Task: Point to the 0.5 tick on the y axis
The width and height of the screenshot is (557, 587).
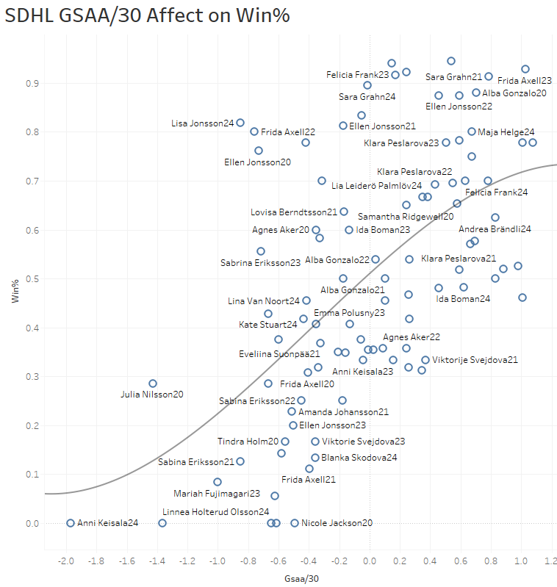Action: click(x=32, y=279)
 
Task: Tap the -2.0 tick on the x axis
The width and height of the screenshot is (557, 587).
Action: click(x=65, y=562)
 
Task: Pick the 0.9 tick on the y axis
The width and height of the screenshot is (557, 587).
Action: click(x=32, y=84)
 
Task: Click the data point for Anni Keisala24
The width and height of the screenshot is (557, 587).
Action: click(x=71, y=523)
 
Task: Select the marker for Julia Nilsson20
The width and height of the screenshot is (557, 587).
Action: click(x=153, y=383)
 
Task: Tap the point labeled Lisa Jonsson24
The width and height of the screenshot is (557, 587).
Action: click(x=240, y=123)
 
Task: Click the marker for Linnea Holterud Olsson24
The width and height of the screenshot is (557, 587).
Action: click(x=162, y=523)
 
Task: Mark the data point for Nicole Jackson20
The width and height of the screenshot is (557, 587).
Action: click(x=295, y=523)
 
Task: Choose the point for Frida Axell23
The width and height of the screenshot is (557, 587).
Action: click(x=525, y=69)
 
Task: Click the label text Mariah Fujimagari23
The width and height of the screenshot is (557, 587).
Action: click(x=217, y=494)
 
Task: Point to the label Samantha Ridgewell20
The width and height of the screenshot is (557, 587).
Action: click(x=406, y=217)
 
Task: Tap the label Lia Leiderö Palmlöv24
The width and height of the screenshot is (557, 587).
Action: click(x=377, y=186)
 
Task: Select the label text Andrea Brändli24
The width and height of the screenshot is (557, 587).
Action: click(x=495, y=229)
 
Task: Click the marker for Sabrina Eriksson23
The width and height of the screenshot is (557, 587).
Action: click(x=261, y=251)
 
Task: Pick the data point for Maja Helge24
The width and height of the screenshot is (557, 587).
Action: click(x=472, y=132)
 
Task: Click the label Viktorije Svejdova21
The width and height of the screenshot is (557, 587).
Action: click(x=475, y=360)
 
